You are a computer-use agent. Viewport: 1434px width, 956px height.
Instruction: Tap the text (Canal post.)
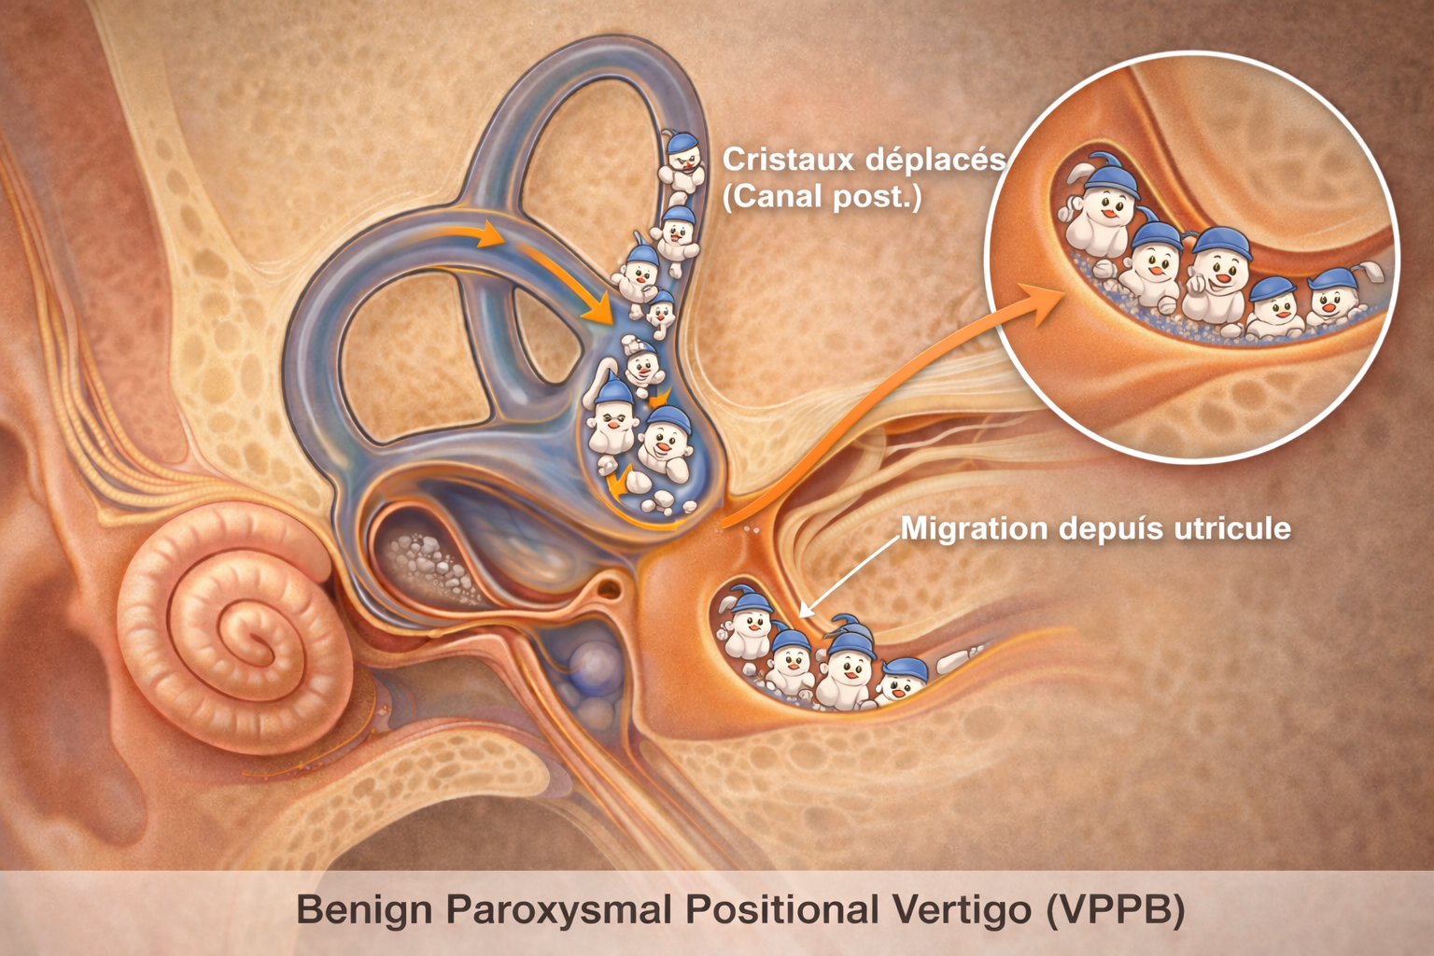822,197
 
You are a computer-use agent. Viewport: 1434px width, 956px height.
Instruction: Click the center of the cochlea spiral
247,639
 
